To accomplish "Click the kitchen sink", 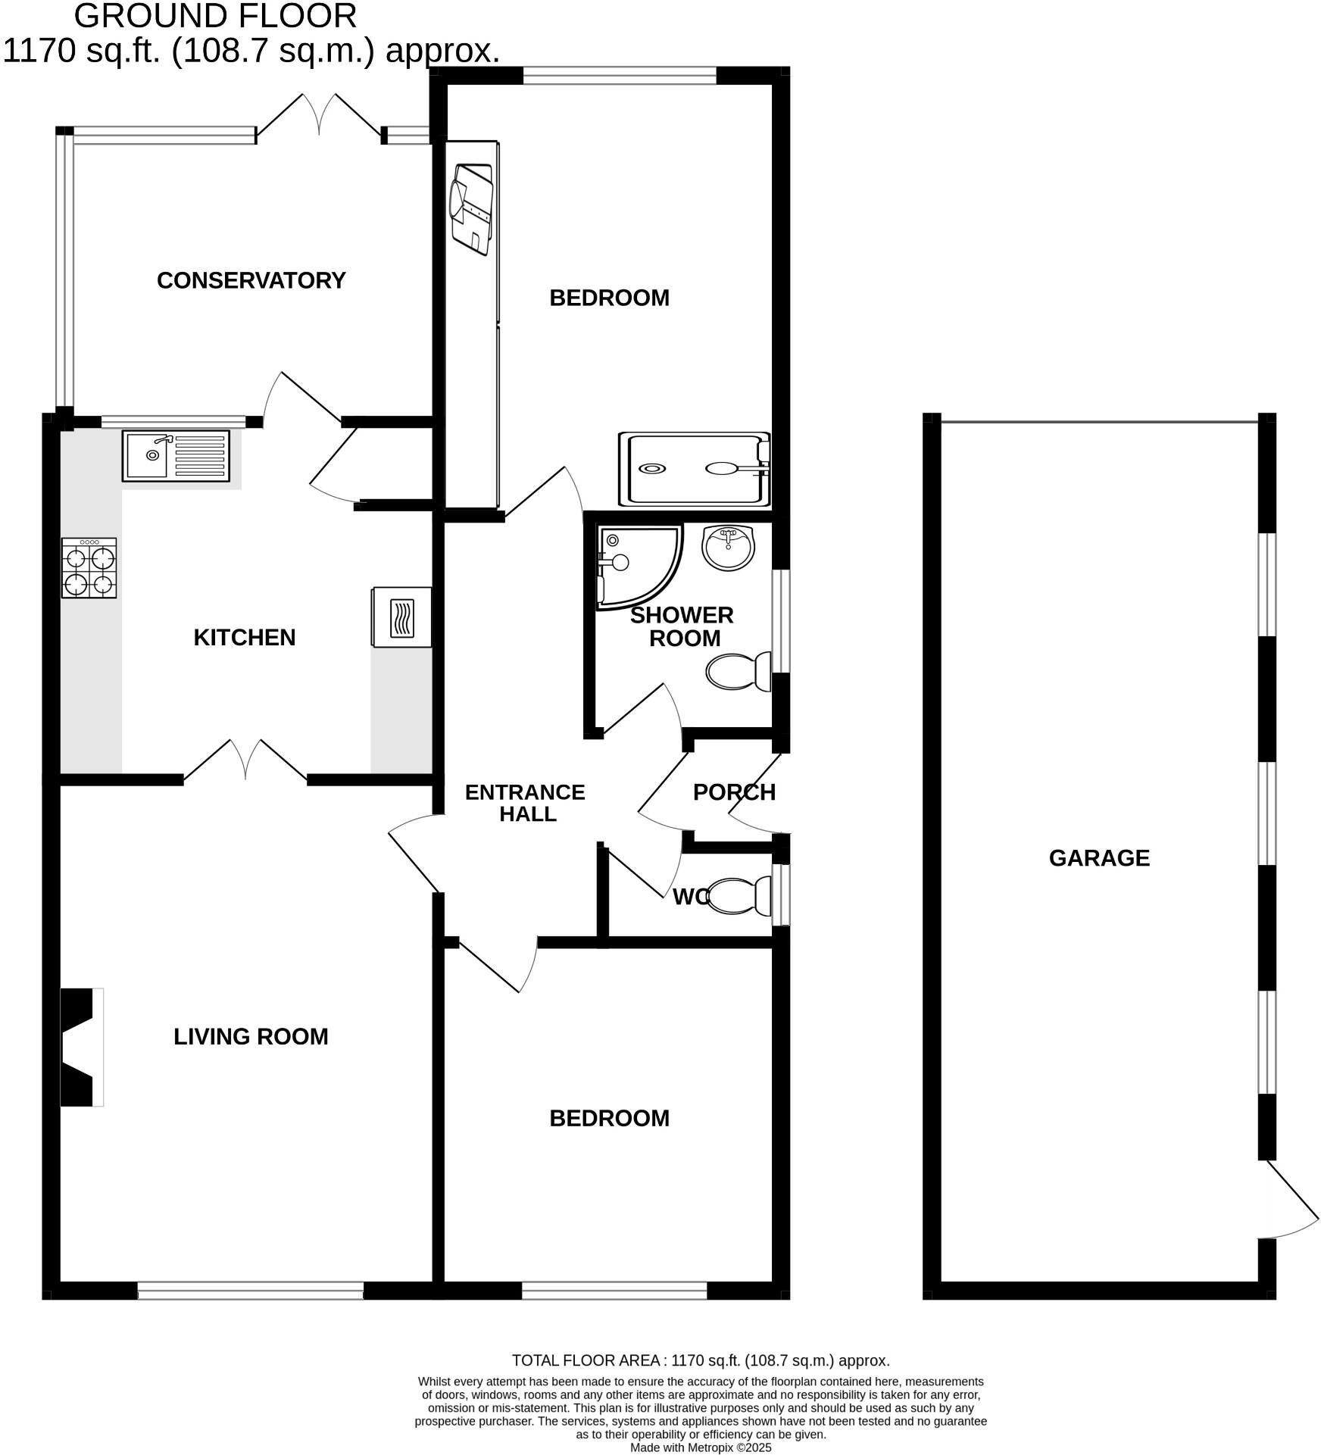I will point(175,455).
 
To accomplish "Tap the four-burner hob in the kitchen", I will point(89,568).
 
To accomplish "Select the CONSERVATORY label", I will point(251,281).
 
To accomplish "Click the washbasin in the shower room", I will point(728,548).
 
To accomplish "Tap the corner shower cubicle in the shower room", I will point(635,565).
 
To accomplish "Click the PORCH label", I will point(733,792).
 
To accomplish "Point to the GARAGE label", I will point(1098,858).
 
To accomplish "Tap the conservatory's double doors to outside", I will point(319,117).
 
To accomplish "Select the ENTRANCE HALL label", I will point(525,803).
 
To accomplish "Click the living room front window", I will point(250,1291).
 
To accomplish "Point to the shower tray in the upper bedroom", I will point(693,469).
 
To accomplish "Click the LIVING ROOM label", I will point(251,1037).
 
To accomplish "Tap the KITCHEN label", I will point(244,638).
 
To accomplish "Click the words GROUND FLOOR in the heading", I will point(215,16).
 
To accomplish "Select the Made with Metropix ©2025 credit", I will point(700,1447).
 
